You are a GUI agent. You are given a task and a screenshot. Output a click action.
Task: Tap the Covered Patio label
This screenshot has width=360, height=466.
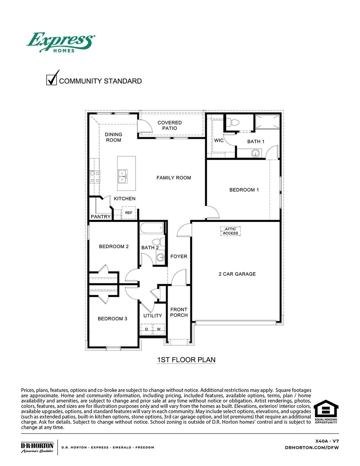pyautogui.click(x=170, y=125)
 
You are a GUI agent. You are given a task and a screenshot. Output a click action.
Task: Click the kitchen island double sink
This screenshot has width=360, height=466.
pyautogui.click(x=122, y=176)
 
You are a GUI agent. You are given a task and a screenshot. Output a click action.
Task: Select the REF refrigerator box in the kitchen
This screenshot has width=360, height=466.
pyautogui.click(x=129, y=213)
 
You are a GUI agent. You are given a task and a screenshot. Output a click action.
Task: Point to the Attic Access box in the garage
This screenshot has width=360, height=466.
pyautogui.click(x=231, y=231)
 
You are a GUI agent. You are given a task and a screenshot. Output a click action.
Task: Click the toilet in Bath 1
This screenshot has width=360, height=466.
pyautogui.click(x=232, y=123)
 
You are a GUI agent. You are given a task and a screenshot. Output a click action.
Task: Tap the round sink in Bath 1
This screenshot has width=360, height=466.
pyautogui.click(x=256, y=153)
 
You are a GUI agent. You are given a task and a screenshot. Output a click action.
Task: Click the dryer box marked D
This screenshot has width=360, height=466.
pyautogui.click(x=146, y=329)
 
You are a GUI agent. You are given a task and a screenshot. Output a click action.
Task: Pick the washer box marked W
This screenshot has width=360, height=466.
pyautogui.click(x=159, y=329)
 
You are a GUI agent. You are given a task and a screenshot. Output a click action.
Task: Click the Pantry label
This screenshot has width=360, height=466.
pyautogui.click(x=101, y=216)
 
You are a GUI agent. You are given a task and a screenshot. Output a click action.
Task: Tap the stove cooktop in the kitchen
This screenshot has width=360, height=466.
pyautogui.click(x=95, y=177)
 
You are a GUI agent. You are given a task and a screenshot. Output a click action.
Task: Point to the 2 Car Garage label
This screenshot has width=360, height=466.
pyautogui.click(x=237, y=274)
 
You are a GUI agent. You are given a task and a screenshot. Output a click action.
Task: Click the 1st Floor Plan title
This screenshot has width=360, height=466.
pyautogui.click(x=186, y=360)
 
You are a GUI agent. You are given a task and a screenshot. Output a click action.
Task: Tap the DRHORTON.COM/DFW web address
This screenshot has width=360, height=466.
pyautogui.click(x=312, y=447)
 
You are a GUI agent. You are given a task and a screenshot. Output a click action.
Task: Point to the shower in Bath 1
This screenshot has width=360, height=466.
pyautogui.click(x=267, y=122)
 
